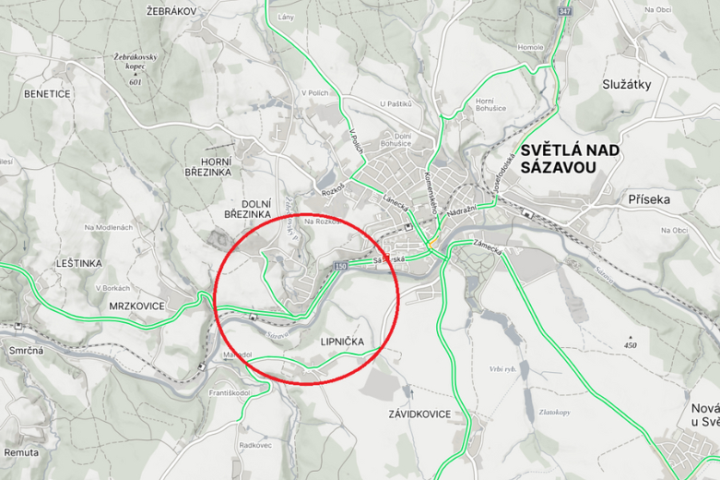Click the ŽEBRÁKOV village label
pyautogui.click(x=171, y=10)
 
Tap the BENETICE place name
pyautogui.click(x=48, y=93)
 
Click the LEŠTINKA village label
pyautogui.click(x=77, y=263)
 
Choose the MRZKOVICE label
pyautogui.click(x=136, y=306)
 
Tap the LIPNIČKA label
pyautogui.click(x=341, y=342)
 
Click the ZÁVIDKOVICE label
pyautogui.click(x=419, y=414)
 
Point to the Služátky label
pyautogui.click(x=627, y=84)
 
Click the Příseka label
pyautogui.click(x=649, y=198)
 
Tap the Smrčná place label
pyautogui.click(x=27, y=352)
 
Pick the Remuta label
pyautogui.click(x=21, y=452)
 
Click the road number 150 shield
pyautogui.click(x=341, y=266)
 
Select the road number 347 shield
pyautogui.click(x=564, y=10)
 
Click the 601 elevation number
pyautogui.click(x=136, y=82)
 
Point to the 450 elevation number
pyautogui.click(x=630, y=345)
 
